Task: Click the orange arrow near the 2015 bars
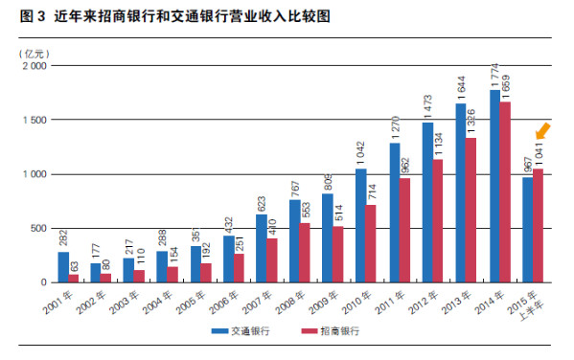543,130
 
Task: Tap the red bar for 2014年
505,191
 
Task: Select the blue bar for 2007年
262,248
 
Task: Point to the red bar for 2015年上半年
539,225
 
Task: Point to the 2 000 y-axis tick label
33,67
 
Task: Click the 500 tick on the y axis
37,228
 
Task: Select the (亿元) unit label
34,51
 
